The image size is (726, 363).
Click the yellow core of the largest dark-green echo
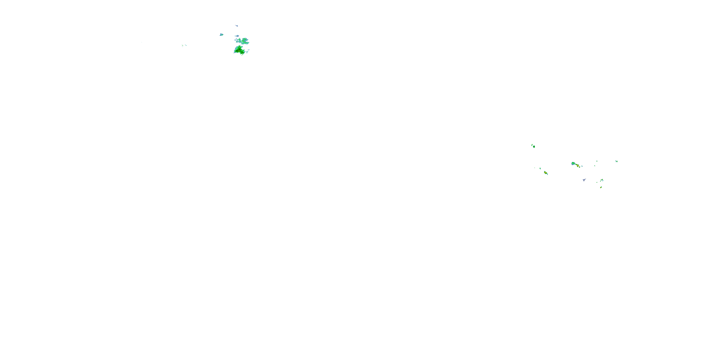(240, 51)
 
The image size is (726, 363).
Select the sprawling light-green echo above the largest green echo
(243, 41)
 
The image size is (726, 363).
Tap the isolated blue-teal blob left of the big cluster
(221, 35)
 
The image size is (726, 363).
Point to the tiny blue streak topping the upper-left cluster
(237, 26)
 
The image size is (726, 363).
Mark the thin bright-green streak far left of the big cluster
(184, 45)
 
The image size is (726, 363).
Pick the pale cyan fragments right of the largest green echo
(248, 52)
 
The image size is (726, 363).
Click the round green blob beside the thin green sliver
(534, 147)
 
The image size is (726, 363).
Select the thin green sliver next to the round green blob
(532, 145)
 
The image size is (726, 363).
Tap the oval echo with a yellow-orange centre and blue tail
(546, 173)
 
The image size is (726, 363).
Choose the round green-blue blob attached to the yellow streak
(573, 163)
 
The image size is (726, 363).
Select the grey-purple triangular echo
(584, 180)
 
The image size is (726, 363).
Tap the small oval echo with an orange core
(601, 187)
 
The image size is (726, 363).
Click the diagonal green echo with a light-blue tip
(602, 180)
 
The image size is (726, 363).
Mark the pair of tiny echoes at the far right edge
(616, 161)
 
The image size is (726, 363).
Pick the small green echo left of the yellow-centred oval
(540, 168)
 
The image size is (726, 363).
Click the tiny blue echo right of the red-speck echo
(582, 166)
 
